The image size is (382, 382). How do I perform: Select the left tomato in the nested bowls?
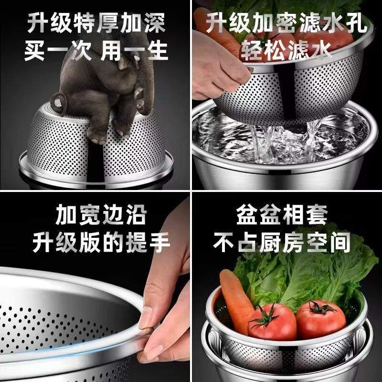[x=272, y=322]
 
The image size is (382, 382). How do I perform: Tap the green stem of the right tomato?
[x=318, y=307]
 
